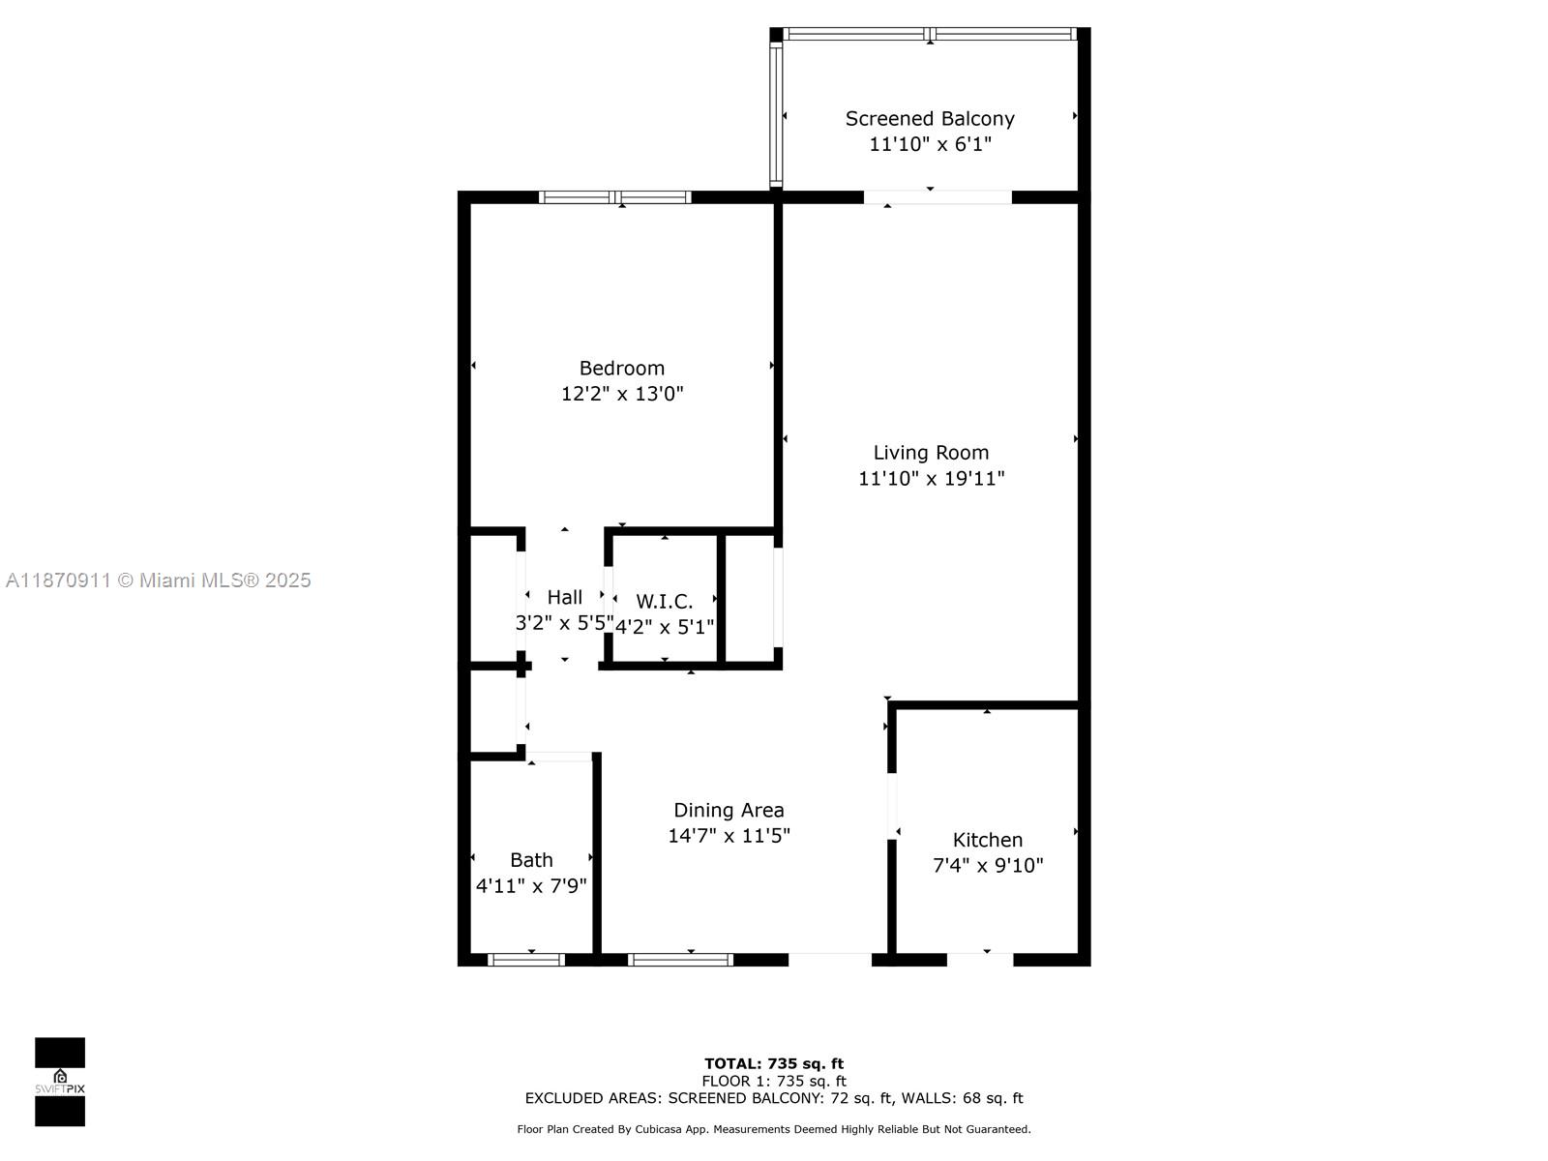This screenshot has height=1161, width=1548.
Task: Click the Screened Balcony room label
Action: pos(930,119)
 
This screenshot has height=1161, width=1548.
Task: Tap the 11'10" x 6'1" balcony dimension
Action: pos(930,144)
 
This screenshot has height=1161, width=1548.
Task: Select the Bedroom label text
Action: pos(621,369)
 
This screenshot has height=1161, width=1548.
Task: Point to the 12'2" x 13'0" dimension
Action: pos(622,394)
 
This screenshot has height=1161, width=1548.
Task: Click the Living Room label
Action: pos(931,453)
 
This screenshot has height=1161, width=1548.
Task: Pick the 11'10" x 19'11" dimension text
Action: pos(931,478)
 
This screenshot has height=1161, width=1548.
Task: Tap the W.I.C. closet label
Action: pos(664,602)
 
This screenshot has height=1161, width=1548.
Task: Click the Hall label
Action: pos(564,597)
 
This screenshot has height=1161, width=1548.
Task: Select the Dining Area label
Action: pos(729,811)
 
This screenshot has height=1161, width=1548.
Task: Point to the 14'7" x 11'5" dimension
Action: pos(729,836)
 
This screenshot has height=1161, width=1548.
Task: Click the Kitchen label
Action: pos(987,841)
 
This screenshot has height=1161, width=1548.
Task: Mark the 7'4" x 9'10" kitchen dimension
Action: pos(987,866)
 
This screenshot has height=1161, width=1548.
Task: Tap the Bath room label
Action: pos(531,860)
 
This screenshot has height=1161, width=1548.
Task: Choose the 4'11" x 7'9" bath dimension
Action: pos(531,886)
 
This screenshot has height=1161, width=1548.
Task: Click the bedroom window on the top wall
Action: pos(615,197)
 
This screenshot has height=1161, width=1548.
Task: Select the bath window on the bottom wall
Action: pos(526,960)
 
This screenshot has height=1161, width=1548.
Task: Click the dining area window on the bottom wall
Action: pos(680,960)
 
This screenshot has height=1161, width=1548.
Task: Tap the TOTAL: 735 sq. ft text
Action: pos(773,1064)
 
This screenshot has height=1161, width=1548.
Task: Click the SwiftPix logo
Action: pos(60,1082)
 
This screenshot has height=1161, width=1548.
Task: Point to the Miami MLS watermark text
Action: pos(158,580)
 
